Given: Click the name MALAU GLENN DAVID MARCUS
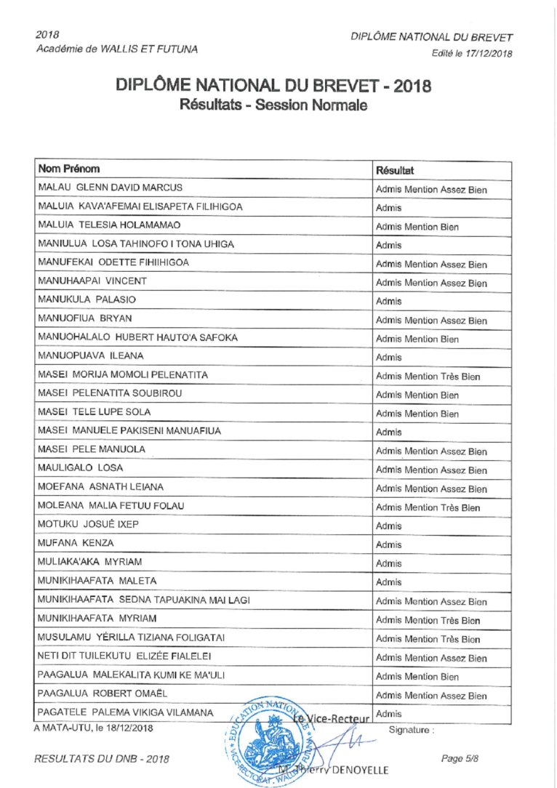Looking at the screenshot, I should tap(110, 188).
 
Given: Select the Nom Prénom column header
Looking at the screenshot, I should tap(68, 169).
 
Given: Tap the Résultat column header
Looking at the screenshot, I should tap(394, 171).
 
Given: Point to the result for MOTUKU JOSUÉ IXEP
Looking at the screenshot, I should tap(389, 526).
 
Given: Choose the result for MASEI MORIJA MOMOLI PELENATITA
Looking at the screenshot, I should tap(428, 377).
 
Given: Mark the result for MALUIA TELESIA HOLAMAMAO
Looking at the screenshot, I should tap(417, 227).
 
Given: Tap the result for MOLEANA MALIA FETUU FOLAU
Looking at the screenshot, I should tap(428, 507).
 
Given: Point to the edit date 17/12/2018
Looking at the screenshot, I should tap(489, 53).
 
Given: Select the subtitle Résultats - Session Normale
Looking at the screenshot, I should tap(273, 105).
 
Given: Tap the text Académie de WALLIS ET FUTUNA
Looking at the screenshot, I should tap(116, 49).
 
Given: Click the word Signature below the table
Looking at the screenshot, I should tap(411, 728).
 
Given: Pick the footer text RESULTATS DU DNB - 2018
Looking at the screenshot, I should tap(102, 759).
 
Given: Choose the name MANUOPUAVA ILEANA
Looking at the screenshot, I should tap(90, 356).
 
